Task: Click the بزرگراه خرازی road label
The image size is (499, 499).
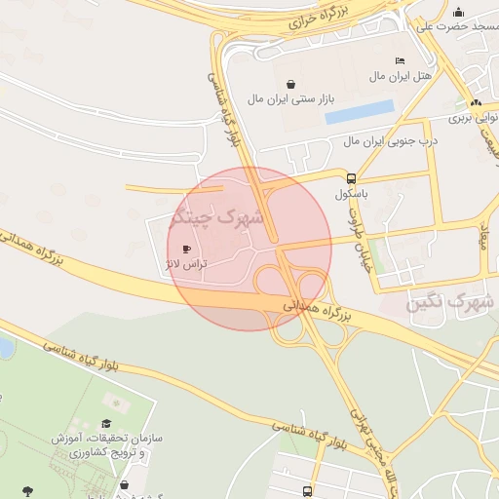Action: click(323, 22)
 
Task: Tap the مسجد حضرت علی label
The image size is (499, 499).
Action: click(454, 26)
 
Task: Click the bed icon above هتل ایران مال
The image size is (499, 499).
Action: click(400, 61)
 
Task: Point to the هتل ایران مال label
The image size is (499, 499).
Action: click(394, 76)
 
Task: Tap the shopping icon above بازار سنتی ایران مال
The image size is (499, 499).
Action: click(291, 84)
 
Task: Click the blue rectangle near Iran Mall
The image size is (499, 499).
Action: click(360, 113)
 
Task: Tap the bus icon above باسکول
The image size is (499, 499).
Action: click(351, 178)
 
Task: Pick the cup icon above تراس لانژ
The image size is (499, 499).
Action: click(186, 249)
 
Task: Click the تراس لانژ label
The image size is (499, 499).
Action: click(183, 265)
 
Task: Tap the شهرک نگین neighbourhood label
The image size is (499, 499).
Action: click(449, 304)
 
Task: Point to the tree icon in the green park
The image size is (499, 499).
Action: click(26, 490)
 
